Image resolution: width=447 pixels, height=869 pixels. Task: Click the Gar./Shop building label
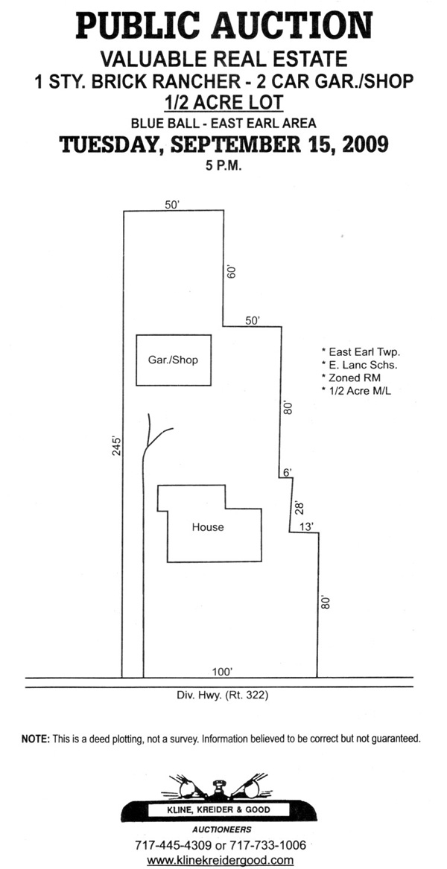[x=174, y=360]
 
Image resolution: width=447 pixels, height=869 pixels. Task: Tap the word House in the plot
[x=208, y=527]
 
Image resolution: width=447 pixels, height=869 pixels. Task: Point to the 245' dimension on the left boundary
[x=116, y=448]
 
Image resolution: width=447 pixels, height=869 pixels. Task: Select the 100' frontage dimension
[x=222, y=672]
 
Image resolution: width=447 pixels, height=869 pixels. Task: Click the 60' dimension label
[x=231, y=273]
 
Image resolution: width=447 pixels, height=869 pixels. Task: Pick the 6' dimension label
[x=288, y=473]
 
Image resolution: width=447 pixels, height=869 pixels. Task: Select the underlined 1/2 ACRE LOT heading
[x=223, y=102]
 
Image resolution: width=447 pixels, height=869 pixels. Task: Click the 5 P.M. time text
[x=223, y=165]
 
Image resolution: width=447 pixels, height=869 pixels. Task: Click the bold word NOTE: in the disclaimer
[x=35, y=739]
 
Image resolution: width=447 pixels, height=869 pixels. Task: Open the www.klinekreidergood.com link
[x=220, y=860]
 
